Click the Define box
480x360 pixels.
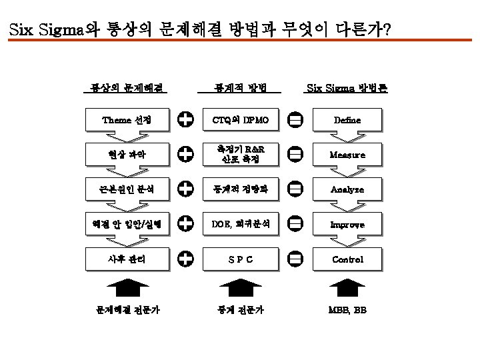pos(347,120)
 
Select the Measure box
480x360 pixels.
pos(347,155)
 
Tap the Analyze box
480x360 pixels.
pos(347,189)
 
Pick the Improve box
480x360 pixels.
pos(347,225)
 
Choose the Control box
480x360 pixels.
pos(347,259)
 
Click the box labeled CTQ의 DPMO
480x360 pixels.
pos(240,120)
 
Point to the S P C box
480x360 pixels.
pos(240,259)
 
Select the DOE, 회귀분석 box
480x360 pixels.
pos(240,225)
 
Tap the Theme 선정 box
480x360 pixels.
pos(127,120)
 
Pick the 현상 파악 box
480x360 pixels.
pos(127,155)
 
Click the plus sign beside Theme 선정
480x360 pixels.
pos(186,120)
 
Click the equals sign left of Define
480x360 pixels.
pos(295,120)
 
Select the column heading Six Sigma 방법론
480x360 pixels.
pos(347,87)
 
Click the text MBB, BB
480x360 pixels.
pos(347,310)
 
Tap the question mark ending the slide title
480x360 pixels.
pos(387,31)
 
